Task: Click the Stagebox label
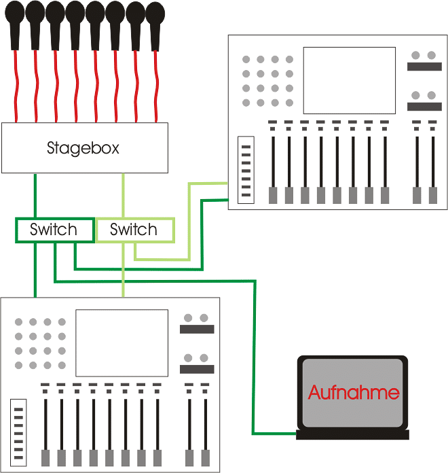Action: coord(83,147)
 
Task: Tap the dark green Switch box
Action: coord(54,230)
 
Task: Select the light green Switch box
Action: coord(134,230)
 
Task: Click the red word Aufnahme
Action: coord(354,392)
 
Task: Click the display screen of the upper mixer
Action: coord(349,80)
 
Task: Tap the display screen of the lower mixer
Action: coord(122,343)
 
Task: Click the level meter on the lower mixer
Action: coord(18,434)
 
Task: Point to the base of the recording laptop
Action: coord(353,435)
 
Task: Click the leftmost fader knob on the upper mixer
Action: coord(273,195)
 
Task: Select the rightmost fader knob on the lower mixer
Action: coord(206,457)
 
